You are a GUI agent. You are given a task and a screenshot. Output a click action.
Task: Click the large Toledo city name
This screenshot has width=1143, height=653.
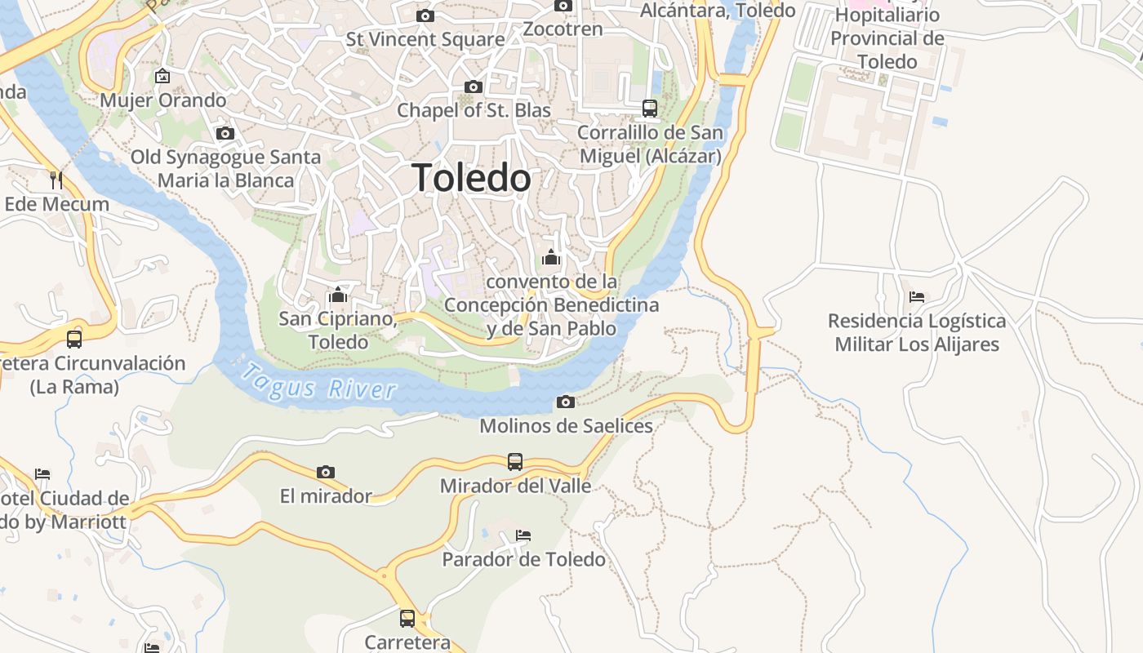471,178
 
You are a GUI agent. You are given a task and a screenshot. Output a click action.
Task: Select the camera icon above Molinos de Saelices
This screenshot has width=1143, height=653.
565,402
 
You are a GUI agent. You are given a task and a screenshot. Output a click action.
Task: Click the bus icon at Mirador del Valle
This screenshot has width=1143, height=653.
515,462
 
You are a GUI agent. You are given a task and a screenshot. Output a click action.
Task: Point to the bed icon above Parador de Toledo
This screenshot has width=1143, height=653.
523,535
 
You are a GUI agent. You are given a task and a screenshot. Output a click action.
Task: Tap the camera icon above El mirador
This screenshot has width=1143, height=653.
326,472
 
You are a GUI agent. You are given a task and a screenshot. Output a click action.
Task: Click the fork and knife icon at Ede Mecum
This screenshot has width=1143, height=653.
56,180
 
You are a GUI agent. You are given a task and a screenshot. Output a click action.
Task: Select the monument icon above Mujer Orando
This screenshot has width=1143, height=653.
162,76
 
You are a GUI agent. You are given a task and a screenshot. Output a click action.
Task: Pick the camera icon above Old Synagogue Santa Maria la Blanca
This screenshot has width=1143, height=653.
225,133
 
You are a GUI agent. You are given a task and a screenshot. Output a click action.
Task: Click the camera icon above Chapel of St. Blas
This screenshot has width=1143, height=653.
473,87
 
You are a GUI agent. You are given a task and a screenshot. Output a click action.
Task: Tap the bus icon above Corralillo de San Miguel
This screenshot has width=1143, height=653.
650,108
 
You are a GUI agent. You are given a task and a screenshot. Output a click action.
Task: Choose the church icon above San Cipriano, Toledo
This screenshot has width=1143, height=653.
338,294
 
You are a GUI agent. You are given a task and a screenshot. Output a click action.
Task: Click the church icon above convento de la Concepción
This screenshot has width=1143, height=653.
551,257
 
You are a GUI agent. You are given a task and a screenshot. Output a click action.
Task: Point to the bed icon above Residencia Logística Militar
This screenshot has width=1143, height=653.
917,296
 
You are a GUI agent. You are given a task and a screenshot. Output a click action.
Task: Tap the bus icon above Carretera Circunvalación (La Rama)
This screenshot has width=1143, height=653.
74,339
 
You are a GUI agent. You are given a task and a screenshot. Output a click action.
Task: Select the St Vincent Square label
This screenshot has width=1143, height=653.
425,39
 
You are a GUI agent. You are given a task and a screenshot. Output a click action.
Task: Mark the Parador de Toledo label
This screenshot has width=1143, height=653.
523,559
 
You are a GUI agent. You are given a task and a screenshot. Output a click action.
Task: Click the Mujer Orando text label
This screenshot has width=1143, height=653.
163,100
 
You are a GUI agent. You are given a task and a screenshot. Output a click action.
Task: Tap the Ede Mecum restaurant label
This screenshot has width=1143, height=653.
57,204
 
